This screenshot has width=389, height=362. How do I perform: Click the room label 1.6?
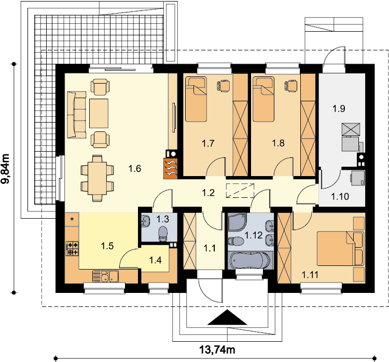pos(135,169)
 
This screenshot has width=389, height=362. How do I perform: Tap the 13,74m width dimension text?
pos(217,350)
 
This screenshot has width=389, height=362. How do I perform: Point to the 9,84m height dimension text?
pos(6,169)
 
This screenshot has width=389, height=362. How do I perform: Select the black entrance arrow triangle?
pos(227,317)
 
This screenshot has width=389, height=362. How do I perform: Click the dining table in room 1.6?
pos(97,178)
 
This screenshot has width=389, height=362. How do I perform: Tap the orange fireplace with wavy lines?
pos(171,168)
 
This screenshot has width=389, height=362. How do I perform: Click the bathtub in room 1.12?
pos(250,260)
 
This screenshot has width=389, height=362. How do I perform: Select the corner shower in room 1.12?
pos(237,222)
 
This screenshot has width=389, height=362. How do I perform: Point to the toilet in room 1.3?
pos(163,234)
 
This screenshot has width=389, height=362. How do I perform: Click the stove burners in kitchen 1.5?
pos(73,248)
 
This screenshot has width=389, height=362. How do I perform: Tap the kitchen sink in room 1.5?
pos(105,276)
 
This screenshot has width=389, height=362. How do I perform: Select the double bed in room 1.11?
pos(340,249)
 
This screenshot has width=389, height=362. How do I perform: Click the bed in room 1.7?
pos(196,99)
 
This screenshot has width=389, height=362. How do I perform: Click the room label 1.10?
pos(340,197)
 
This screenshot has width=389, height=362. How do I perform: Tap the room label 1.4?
pos(155,260)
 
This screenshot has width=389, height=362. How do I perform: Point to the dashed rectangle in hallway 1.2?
pos(240,191)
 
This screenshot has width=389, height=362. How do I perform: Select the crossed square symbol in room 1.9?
pos(351,129)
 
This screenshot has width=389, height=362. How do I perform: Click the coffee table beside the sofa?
pos(99,113)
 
